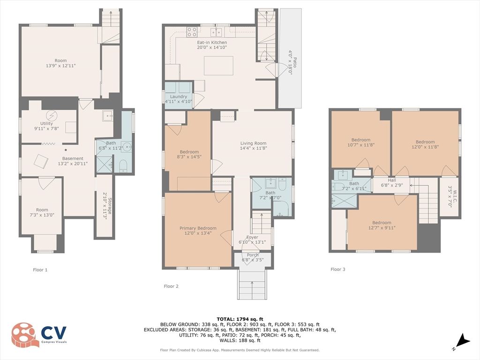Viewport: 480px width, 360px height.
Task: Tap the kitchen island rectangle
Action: pos(219,66)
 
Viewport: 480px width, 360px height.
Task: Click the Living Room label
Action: pos(253,143)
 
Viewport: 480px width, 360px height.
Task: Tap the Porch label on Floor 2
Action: pos(253,255)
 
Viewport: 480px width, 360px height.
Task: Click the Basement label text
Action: pos(73,158)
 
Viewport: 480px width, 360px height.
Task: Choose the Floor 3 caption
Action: pos(338,270)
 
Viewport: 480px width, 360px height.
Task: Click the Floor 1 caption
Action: pos(40,270)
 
